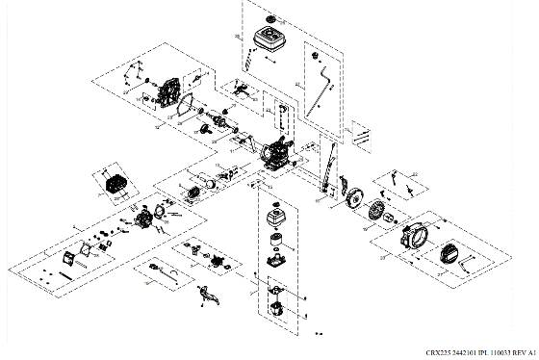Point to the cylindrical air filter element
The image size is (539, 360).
(279, 239)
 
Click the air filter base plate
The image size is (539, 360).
(278, 261)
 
